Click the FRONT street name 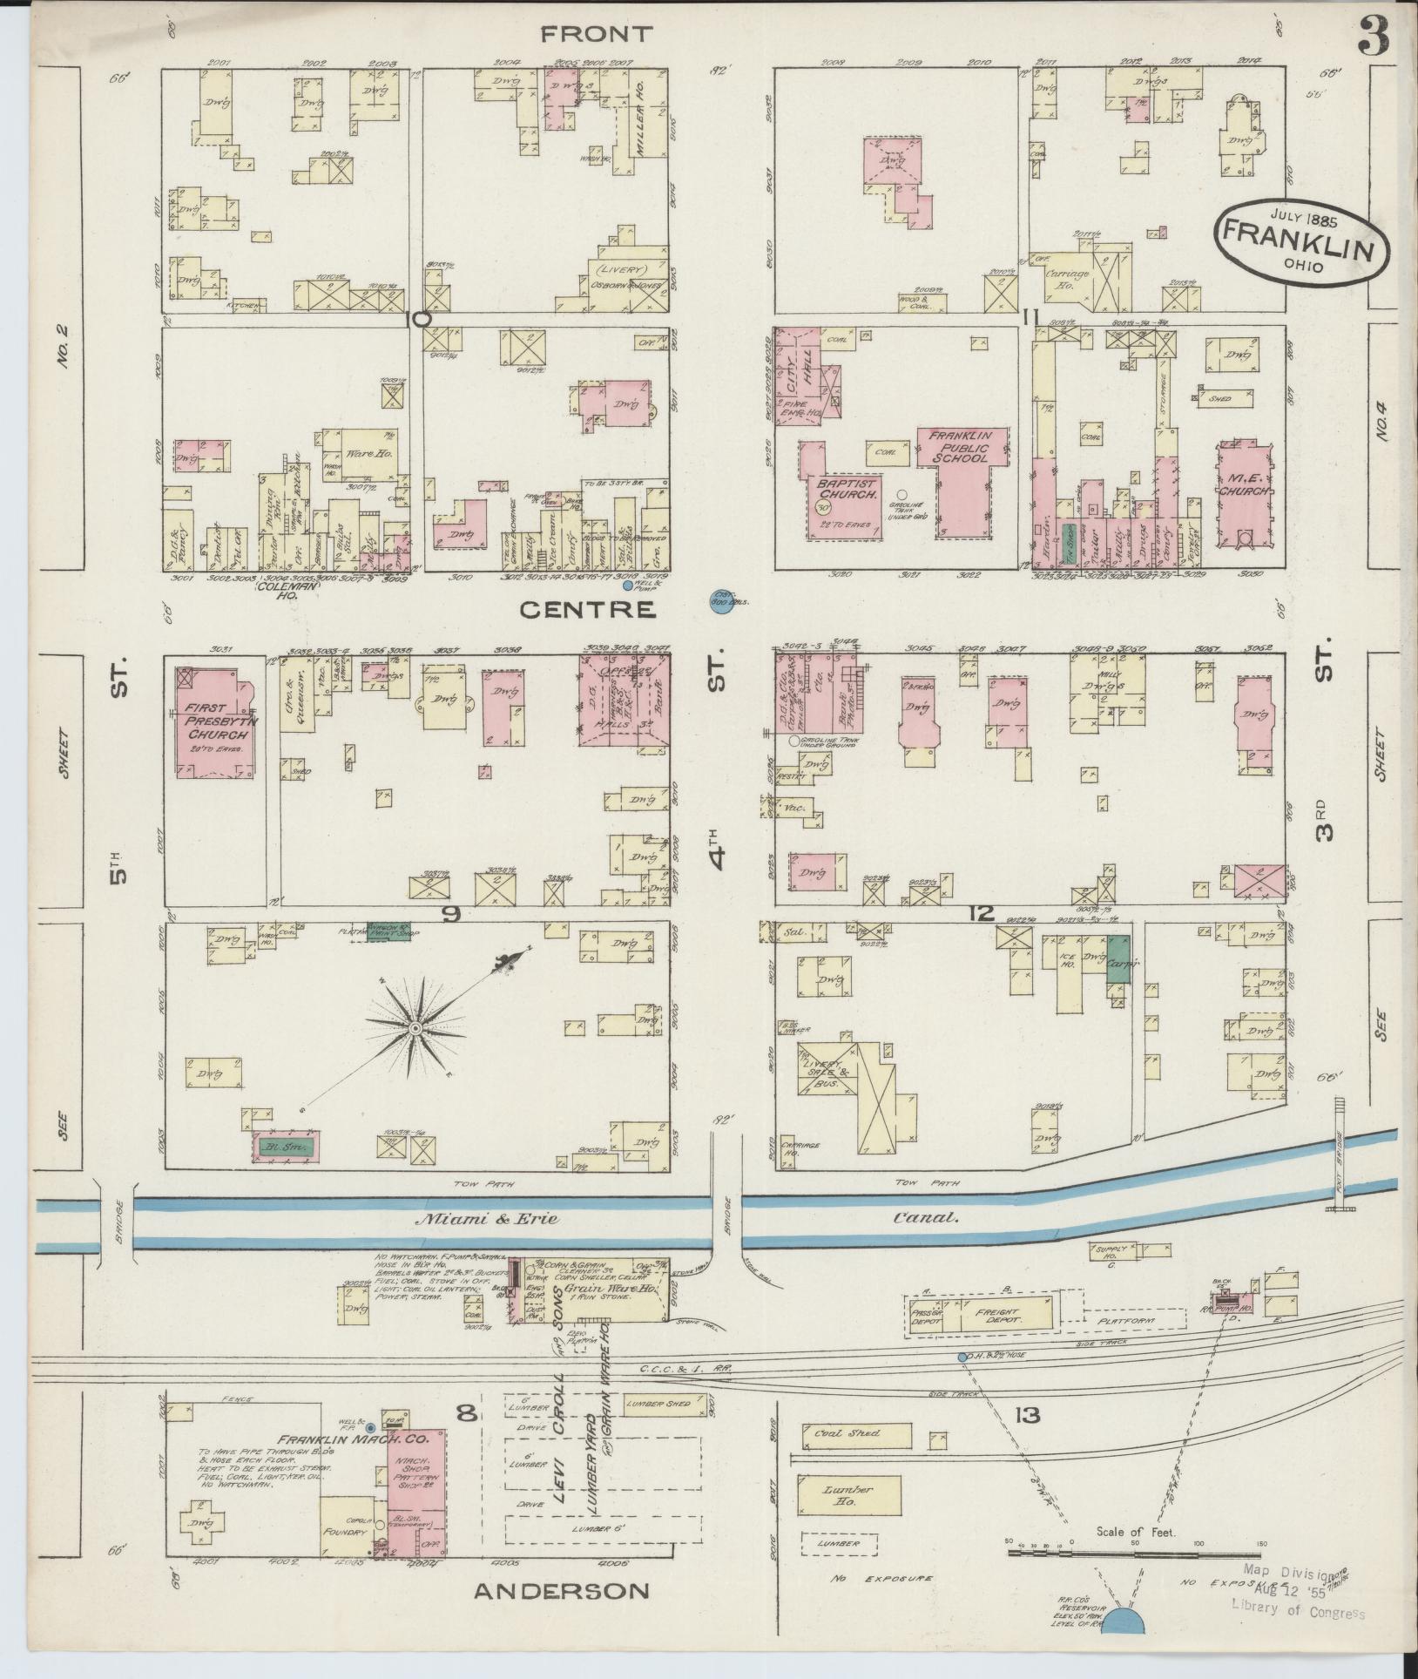point(596,35)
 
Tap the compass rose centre point(416,1029)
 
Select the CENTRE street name point(587,610)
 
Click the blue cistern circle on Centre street point(719,603)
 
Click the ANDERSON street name point(562,1591)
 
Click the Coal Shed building point(857,1432)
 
